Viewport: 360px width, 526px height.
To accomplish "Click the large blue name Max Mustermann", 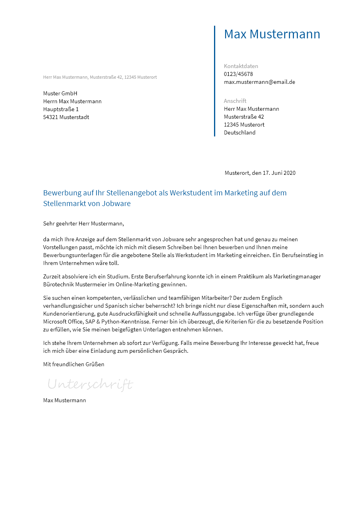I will (272, 34).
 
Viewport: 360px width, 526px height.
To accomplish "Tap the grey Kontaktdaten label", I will (241, 66).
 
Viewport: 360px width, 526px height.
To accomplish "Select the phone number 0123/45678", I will (238, 74).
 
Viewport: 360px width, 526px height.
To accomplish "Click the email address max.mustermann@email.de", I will (260, 82).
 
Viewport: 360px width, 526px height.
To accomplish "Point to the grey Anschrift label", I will (235, 101).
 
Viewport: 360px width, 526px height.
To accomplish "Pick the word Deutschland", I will (240, 132).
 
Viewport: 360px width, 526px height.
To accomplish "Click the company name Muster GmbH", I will (60, 93).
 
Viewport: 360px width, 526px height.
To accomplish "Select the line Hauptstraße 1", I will (61, 109).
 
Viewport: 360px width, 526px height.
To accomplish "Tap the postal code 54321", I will (51, 117).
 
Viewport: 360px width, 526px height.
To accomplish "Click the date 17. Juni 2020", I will (279, 173).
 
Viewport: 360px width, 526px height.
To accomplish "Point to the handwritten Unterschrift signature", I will (90, 384).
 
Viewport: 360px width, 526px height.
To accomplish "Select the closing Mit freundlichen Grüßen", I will (74, 364).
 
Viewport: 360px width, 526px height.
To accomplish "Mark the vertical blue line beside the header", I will (214, 81).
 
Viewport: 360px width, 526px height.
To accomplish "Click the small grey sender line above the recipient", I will (100, 77).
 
